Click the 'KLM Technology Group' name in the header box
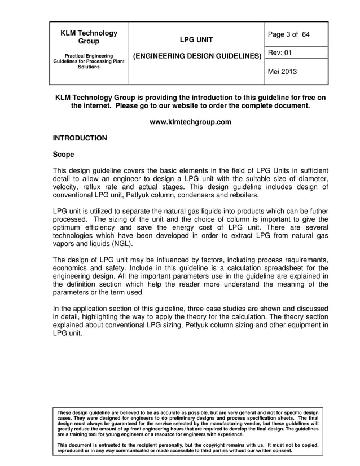pos(89,37)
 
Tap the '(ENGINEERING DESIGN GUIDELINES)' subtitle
pos(196,56)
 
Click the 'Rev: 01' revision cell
pos(280,52)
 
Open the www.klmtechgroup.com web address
pos(190,122)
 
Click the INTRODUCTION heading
pos(80,138)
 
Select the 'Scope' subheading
pos(63,154)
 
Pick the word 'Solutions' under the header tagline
pos(89,67)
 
